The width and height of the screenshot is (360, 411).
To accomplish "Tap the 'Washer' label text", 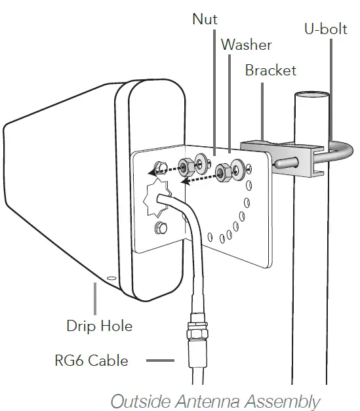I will [246, 45].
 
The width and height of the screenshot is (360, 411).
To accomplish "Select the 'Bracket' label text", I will [270, 70].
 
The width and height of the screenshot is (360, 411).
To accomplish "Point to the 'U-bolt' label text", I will [326, 29].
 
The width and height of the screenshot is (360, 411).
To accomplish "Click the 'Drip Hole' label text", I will [99, 325].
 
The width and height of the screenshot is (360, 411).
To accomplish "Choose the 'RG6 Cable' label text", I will [91, 360].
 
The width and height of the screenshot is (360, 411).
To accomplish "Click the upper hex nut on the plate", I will [186, 164].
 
